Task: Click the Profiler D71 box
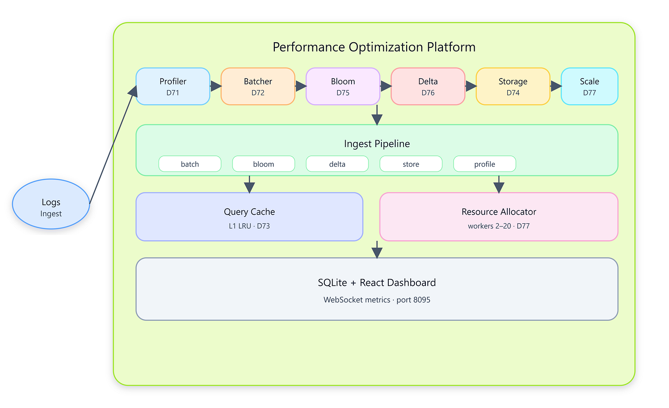coord(173,86)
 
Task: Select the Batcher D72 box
coord(258,86)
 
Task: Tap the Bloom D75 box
coord(343,86)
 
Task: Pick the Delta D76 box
coord(428,86)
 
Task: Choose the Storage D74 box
coord(513,86)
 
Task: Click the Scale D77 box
coord(590,86)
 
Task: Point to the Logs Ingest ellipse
coord(51,204)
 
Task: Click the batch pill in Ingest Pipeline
coord(190,164)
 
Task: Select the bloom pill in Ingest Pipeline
coord(263,164)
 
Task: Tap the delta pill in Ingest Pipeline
coord(337,164)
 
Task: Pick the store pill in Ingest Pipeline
coord(411,164)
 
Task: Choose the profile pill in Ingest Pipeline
coord(485,164)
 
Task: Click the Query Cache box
coord(249,217)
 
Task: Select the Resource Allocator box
coord(499,217)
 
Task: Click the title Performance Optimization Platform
coord(374,47)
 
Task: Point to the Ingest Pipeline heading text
coord(377,144)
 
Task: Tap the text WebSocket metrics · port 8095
coord(377,300)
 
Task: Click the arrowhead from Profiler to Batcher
coord(216,86)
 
